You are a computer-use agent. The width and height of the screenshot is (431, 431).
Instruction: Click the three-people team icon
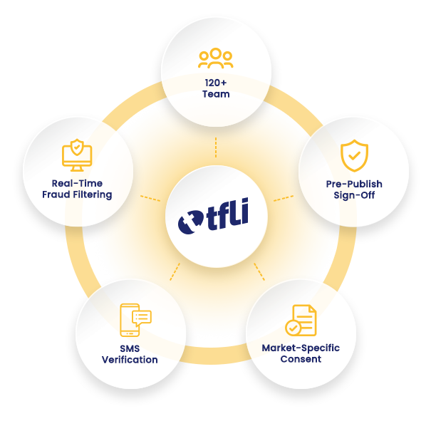click(x=215, y=58)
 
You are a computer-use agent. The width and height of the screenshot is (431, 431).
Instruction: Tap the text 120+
click(x=216, y=83)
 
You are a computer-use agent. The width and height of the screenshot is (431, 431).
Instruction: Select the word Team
click(x=216, y=94)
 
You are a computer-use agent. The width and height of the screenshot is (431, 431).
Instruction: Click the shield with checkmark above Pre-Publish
click(x=354, y=155)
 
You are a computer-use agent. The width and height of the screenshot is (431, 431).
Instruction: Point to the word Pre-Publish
click(x=354, y=184)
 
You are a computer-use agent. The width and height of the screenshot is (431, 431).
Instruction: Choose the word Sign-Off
click(x=354, y=195)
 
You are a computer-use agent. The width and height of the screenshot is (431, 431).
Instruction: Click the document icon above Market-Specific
click(x=301, y=321)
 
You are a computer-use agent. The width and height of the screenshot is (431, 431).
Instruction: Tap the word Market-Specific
click(x=301, y=348)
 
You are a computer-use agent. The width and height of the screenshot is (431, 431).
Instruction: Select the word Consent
click(x=301, y=359)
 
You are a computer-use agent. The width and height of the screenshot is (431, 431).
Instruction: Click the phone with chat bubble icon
click(x=135, y=320)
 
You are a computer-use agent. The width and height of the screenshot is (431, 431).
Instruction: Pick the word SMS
click(x=130, y=348)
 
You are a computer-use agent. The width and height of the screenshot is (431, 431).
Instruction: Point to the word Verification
click(x=130, y=360)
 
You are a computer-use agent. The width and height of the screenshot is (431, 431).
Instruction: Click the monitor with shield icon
click(x=77, y=155)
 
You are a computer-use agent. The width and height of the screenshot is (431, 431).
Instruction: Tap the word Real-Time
click(x=77, y=183)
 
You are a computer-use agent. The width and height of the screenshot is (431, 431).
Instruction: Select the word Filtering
click(x=93, y=194)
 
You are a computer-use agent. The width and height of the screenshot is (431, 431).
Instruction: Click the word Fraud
click(x=56, y=194)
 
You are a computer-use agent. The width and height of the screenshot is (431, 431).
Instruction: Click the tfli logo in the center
click(x=213, y=216)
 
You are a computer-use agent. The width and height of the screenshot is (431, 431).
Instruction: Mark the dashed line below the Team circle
click(x=216, y=147)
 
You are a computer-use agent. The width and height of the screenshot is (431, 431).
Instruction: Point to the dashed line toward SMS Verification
click(x=175, y=271)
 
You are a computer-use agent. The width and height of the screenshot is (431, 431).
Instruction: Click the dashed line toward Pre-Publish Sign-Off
click(x=284, y=198)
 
